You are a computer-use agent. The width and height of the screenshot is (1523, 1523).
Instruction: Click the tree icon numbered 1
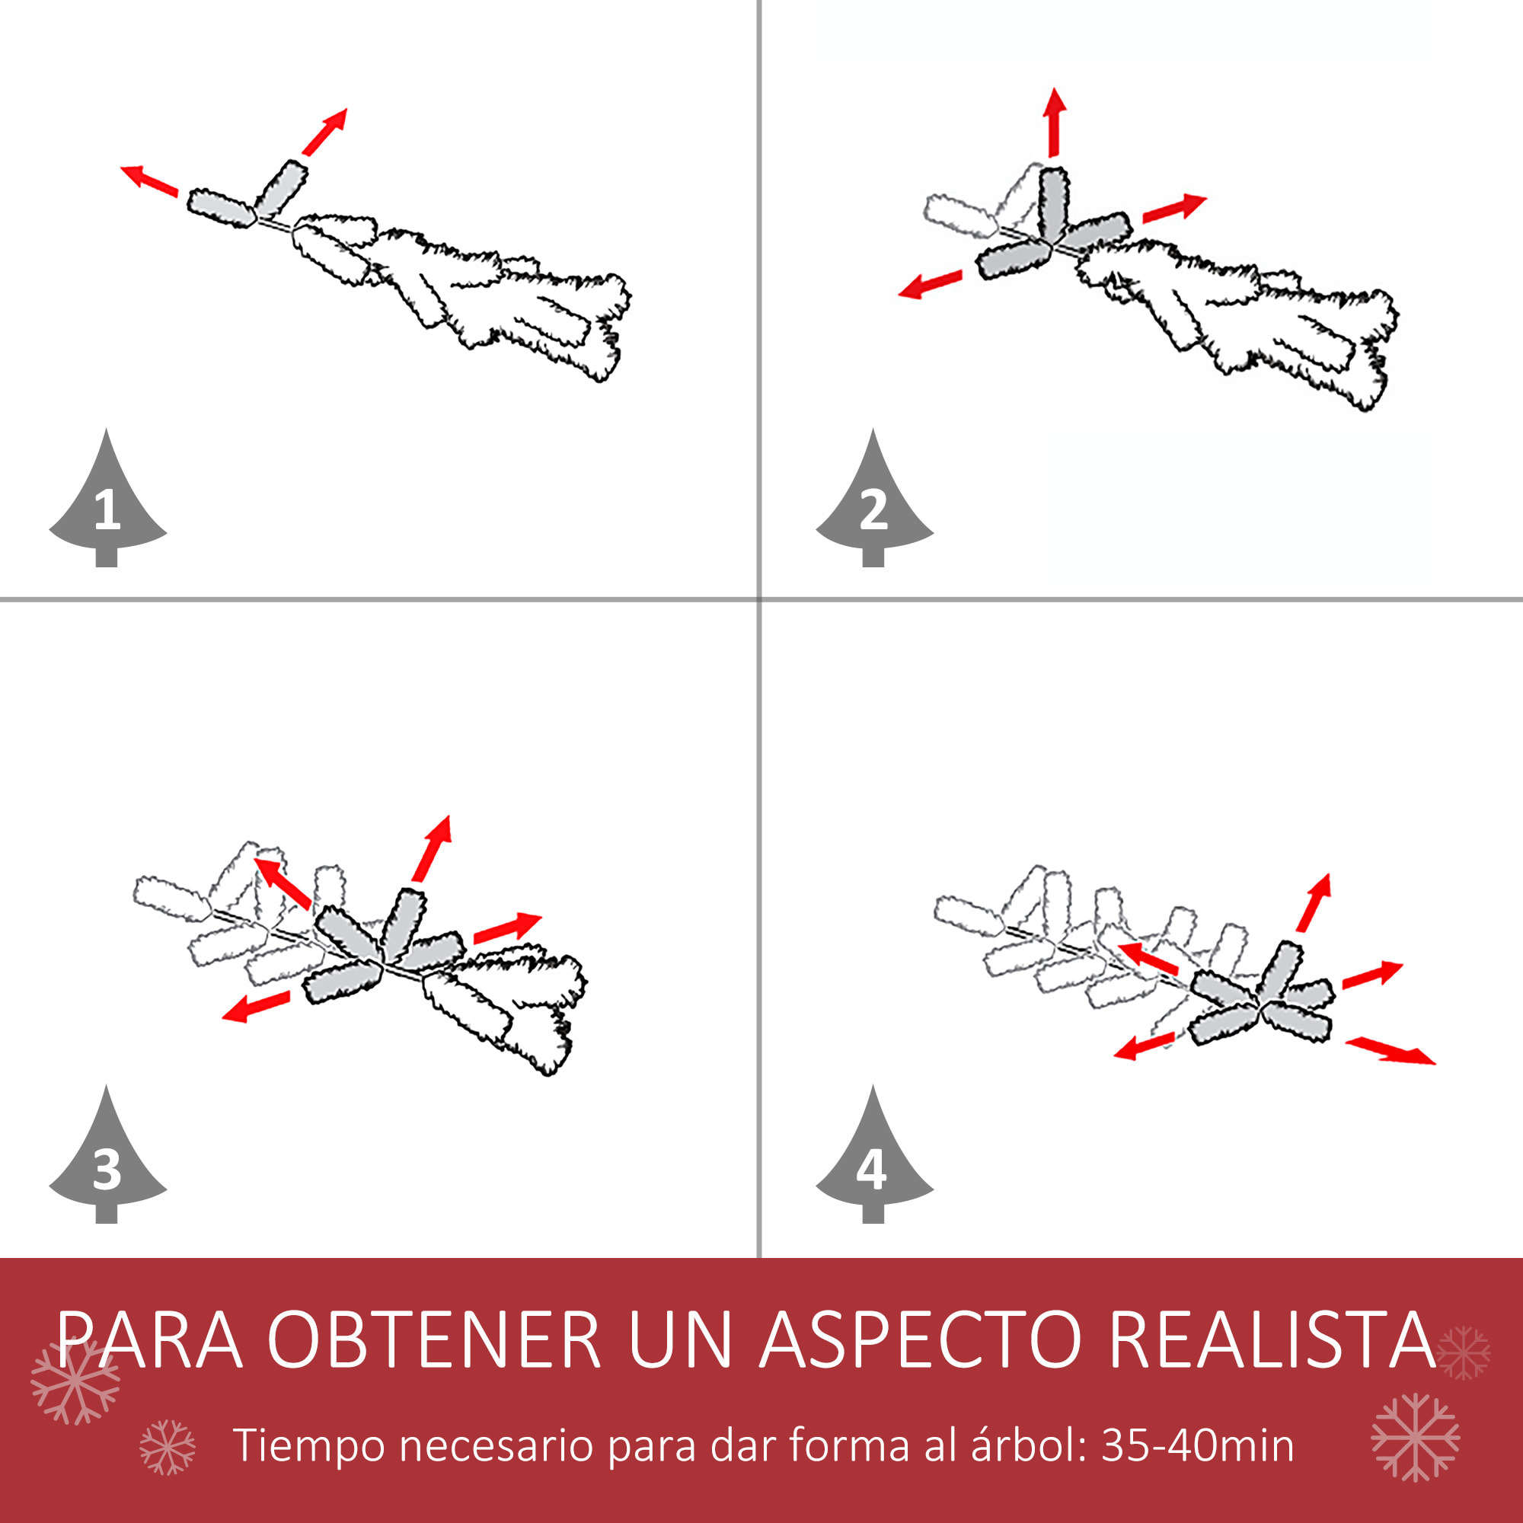[x=108, y=505]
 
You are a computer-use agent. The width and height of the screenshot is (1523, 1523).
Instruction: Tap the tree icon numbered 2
[x=874, y=505]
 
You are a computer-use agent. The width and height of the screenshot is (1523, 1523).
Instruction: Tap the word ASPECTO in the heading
[x=920, y=1340]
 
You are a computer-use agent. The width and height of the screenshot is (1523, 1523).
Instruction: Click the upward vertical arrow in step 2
[x=1055, y=122]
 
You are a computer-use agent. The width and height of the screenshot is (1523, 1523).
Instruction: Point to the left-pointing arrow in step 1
[x=149, y=180]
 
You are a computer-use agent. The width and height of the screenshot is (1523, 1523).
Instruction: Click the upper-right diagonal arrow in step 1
[x=325, y=132]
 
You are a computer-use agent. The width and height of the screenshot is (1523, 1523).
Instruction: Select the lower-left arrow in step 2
[x=931, y=285]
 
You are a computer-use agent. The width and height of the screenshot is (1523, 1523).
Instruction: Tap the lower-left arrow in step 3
[x=256, y=1007]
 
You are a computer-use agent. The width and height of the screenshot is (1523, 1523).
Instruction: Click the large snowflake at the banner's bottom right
[x=1415, y=1437]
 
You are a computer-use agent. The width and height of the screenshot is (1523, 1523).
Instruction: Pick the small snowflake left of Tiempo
[x=167, y=1448]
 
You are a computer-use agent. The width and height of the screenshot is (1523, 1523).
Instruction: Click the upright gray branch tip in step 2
[x=1053, y=203]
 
